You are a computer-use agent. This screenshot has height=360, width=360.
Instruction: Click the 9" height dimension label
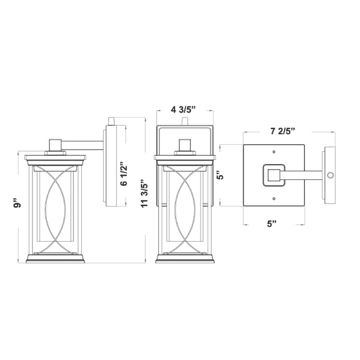pos(19,205)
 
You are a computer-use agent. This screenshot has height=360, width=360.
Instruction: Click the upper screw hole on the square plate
pos(274,153)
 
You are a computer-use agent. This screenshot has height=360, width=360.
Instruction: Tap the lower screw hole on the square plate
pos(274,198)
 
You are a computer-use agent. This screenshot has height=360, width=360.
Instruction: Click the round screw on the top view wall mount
pos(330,175)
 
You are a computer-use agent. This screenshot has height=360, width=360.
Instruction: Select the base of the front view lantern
pos(185,259)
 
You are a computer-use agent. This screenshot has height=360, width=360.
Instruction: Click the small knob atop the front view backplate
pos(185,121)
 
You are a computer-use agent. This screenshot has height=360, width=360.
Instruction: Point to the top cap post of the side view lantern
pos(55,145)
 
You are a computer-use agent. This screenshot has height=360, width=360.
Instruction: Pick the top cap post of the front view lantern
pos(185,145)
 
